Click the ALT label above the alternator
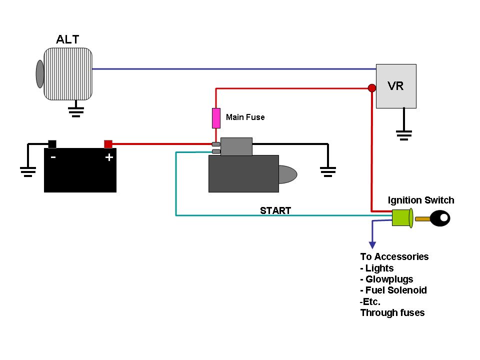[x=67, y=39]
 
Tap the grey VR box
[x=396, y=86]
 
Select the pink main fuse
[x=216, y=118]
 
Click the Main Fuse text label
[x=245, y=117]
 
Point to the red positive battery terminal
[x=108, y=144]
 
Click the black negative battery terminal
[x=52, y=144]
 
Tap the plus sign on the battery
[x=109, y=157]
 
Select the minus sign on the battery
[x=53, y=157]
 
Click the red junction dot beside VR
[x=372, y=88]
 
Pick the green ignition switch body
[x=402, y=218]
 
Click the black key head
[x=440, y=218]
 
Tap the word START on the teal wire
[x=275, y=210]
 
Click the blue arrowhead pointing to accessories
[x=372, y=245]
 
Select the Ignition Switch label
[x=421, y=200]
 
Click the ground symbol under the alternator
[x=76, y=111]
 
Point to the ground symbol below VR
[x=404, y=135]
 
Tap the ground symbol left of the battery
[x=28, y=171]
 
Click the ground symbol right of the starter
[x=328, y=171]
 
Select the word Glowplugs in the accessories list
[x=389, y=279]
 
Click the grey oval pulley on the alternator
[x=40, y=74]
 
